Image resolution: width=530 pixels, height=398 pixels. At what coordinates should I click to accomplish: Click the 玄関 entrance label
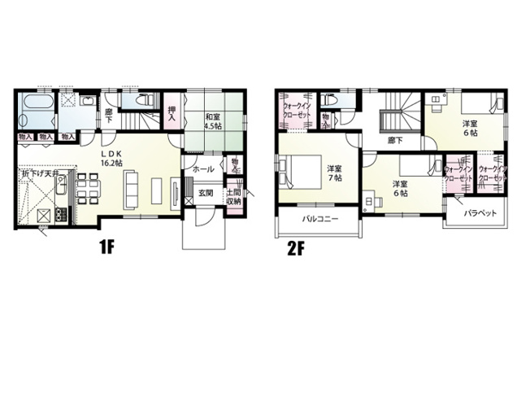coord(206,193)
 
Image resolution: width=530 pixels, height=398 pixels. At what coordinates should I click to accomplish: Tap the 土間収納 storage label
coord(233,196)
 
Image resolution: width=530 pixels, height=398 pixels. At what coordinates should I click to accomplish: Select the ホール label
coord(205,168)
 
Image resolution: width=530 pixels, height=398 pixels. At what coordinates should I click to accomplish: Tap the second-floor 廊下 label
coord(397,140)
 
